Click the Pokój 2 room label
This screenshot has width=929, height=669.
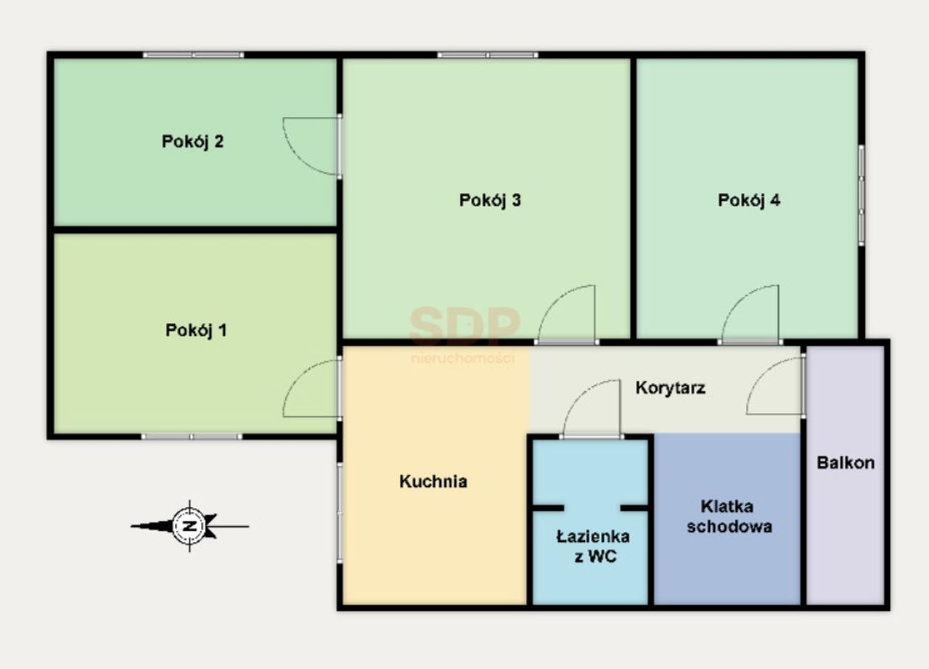click(192, 142)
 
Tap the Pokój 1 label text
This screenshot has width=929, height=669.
click(196, 330)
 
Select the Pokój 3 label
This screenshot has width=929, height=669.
click(490, 200)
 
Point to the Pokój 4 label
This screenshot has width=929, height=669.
click(749, 200)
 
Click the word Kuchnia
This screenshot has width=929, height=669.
click(433, 481)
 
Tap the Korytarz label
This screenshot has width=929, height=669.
click(670, 388)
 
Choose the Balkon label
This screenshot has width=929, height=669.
click(846, 463)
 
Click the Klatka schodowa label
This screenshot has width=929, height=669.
click(729, 517)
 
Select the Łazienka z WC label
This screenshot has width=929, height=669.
click(593, 546)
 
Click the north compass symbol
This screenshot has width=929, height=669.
click(190, 526)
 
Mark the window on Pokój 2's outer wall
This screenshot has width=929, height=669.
click(194, 54)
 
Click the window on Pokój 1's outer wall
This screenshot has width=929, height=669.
click(192, 437)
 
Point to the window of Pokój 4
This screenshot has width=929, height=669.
click(862, 195)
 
